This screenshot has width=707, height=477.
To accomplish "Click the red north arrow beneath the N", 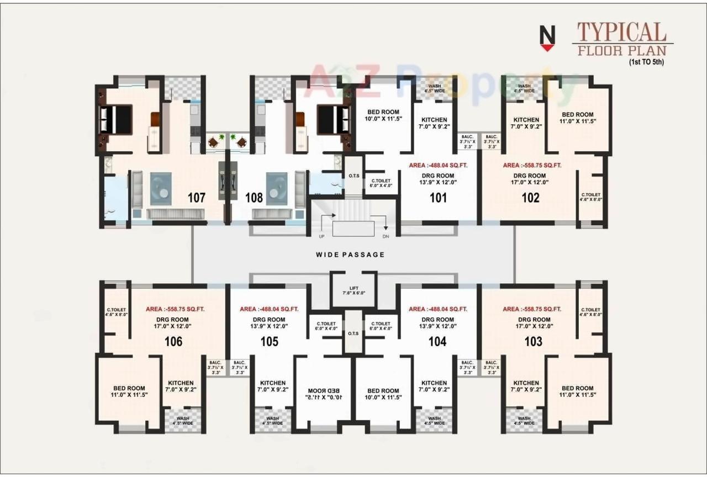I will tap(547, 49).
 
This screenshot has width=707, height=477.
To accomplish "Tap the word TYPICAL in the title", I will tap(621, 33).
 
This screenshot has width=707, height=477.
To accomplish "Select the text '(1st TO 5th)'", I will tap(646, 62).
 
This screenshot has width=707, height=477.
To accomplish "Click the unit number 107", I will tap(196, 198).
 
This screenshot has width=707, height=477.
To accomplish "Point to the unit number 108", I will tap(254, 198).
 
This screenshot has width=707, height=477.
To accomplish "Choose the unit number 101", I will tap(438, 198).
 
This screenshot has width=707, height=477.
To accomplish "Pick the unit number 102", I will tap(530, 198).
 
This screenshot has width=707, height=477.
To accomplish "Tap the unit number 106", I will tap(173, 342).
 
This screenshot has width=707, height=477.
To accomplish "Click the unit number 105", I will tap(270, 342).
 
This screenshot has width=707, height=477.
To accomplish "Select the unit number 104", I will tap(437, 342).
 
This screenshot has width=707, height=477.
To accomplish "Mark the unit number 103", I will tap(533, 342).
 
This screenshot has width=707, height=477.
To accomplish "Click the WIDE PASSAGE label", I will tap(350, 255).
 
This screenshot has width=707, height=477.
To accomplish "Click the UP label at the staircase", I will tap(321, 236).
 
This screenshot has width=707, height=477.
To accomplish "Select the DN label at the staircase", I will tap(386, 236).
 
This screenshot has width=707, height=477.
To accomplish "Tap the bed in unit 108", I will tap(333, 119).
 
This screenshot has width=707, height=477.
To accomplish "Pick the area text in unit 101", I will tap(439, 165).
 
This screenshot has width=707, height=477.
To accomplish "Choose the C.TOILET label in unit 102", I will tap(590, 197).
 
